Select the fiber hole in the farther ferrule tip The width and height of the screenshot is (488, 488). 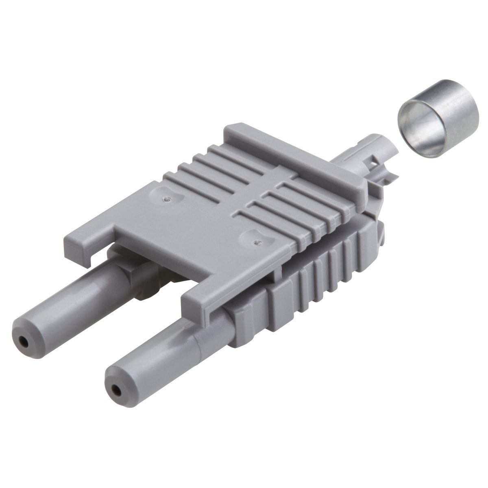pos(25,343)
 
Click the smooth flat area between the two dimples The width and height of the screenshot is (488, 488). pos(211,220)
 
